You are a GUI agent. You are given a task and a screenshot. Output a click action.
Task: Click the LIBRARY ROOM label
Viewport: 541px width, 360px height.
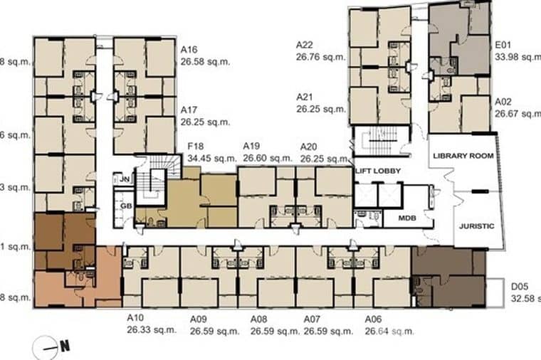463,155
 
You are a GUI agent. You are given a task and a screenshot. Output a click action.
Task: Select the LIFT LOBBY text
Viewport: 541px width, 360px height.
378,171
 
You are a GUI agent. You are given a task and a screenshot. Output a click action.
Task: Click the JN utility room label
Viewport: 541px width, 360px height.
124,179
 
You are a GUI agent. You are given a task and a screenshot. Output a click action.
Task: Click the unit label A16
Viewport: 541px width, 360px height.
189,51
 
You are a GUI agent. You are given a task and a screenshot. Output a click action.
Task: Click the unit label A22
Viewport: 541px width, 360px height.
305,45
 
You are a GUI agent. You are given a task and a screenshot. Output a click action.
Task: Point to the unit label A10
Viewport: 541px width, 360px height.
136,319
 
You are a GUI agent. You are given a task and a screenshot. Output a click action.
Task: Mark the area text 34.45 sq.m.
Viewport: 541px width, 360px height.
211,159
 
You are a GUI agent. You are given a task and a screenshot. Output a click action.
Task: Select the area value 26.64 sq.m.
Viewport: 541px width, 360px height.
389,331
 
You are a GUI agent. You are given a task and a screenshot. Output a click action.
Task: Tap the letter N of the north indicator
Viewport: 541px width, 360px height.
65,347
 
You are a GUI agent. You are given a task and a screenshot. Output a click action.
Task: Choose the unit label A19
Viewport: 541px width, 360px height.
251,147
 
